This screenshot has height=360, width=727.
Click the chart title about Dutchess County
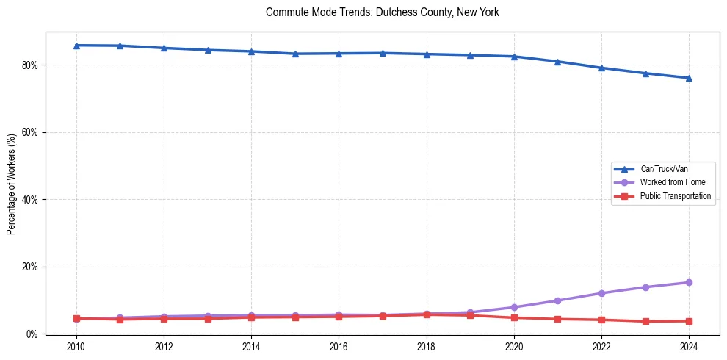tap(382, 12)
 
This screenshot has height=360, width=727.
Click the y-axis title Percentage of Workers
tap(12, 183)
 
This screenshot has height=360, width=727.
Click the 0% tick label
tap(32, 334)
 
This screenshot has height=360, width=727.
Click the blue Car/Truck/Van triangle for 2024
tap(689, 78)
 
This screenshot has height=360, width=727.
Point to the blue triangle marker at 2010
tap(76, 46)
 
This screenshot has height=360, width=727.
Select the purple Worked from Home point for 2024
tap(689, 282)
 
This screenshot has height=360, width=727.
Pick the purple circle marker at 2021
tap(557, 300)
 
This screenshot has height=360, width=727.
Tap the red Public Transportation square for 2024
tap(689, 321)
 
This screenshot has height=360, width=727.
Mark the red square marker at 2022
tap(601, 320)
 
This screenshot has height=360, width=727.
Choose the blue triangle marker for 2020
tap(514, 57)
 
